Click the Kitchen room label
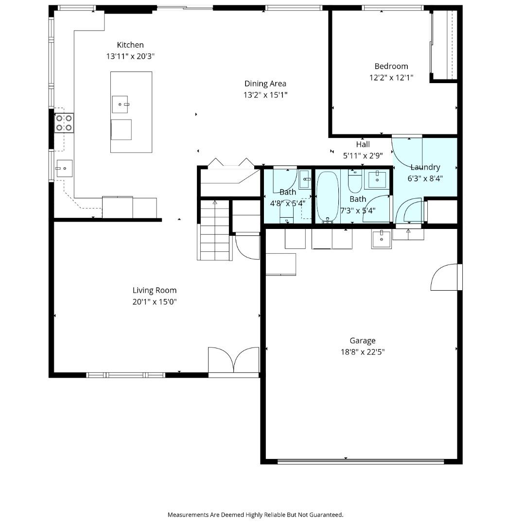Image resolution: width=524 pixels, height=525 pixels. [130, 45]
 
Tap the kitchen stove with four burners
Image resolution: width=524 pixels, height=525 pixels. [64, 122]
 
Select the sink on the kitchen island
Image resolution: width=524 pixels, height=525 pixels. [121, 104]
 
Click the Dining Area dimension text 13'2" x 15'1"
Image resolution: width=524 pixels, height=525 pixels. [265, 95]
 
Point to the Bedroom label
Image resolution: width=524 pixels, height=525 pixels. [391, 66]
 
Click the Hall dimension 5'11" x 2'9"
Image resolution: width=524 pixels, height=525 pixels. [363, 156]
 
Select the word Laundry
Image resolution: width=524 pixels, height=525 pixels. [425, 167]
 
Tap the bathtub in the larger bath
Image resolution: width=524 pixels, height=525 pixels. [327, 196]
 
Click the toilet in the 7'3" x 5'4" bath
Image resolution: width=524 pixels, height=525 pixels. [355, 182]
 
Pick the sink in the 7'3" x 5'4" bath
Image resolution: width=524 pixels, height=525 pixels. [377, 179]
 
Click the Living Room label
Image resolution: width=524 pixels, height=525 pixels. [155, 290]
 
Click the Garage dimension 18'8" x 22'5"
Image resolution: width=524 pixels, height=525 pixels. [363, 352]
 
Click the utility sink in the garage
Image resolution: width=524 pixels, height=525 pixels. [382, 239]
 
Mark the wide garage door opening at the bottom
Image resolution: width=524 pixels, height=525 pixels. [360, 462]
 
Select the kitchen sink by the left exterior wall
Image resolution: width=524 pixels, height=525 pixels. [64, 168]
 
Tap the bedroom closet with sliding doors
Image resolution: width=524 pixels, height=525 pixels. [444, 44]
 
